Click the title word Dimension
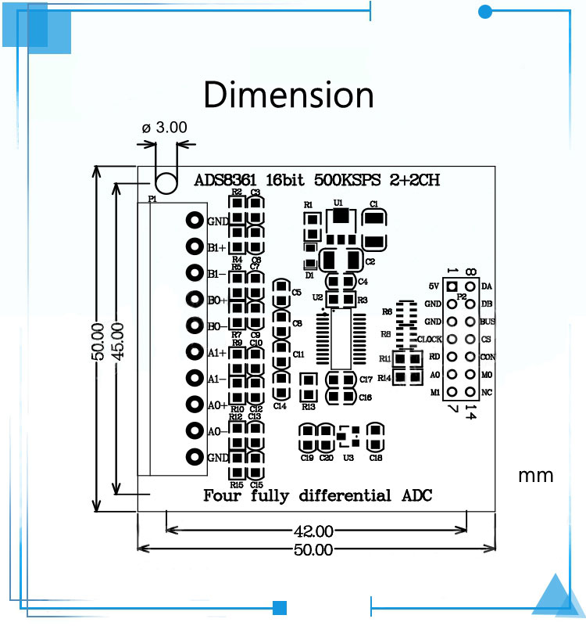288,95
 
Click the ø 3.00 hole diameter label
165,127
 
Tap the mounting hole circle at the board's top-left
166,182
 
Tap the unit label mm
535,475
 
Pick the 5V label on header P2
434,286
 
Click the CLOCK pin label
430,339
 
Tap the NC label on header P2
486,391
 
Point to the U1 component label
338,202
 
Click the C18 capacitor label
376,458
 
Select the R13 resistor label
308,407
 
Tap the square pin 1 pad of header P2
452,286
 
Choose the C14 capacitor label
280,406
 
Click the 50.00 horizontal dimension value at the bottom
313,549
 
